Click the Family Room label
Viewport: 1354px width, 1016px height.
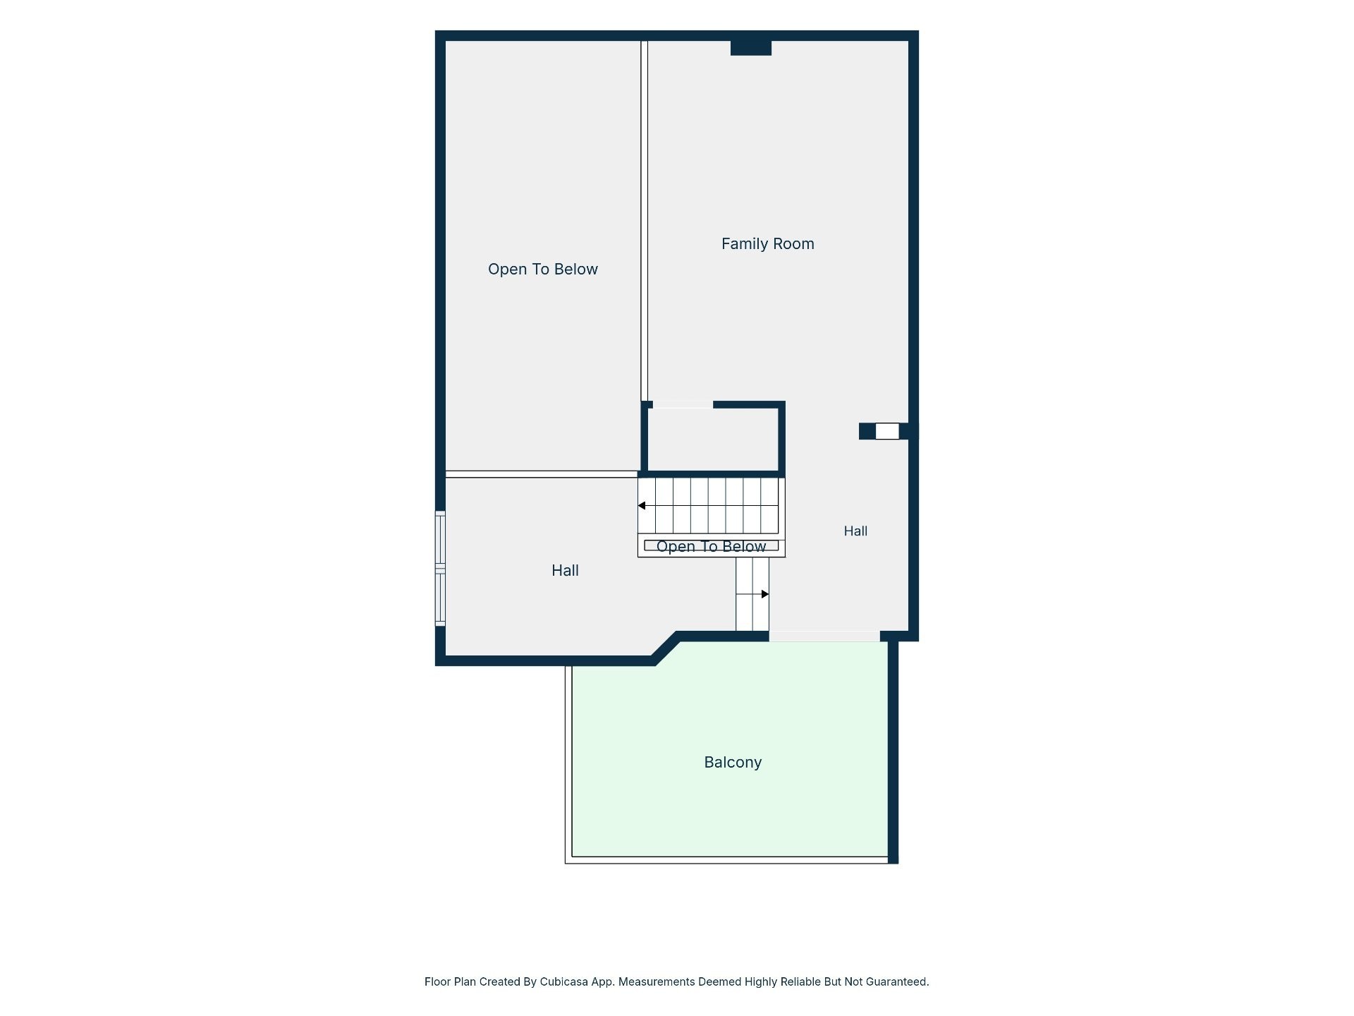(x=767, y=244)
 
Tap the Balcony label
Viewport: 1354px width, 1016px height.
(x=733, y=763)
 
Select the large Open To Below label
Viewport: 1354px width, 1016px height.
(x=542, y=270)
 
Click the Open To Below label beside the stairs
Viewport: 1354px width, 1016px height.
(x=711, y=547)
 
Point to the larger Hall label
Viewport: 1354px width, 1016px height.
(x=565, y=571)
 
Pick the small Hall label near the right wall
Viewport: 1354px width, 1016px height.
(x=855, y=531)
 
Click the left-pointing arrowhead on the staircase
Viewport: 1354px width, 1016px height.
(x=642, y=506)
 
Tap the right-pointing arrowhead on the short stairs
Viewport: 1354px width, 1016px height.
(x=765, y=594)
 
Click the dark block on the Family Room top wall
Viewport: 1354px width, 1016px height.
(x=751, y=48)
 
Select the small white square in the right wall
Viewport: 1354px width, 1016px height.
(x=887, y=431)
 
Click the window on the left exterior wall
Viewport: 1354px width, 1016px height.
(x=440, y=569)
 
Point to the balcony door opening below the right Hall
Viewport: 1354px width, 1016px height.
(x=824, y=636)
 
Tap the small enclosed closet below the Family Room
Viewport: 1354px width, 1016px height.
(x=713, y=439)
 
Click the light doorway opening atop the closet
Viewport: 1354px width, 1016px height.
(x=683, y=405)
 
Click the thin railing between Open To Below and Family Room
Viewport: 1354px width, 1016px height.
(x=644, y=221)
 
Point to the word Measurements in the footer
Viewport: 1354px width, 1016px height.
(x=656, y=981)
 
